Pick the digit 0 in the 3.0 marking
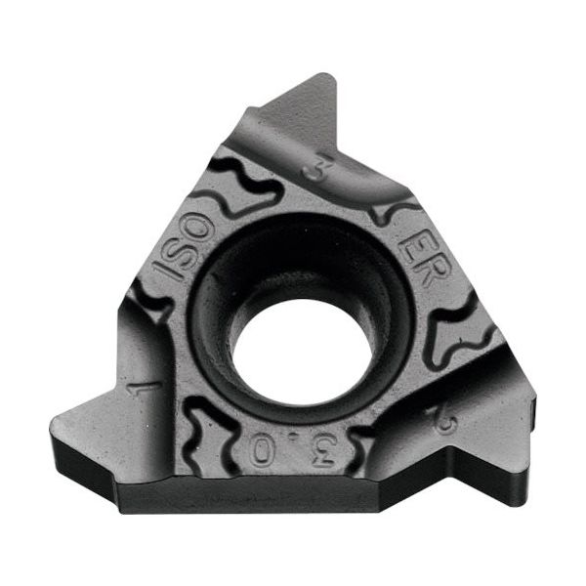[262, 451]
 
